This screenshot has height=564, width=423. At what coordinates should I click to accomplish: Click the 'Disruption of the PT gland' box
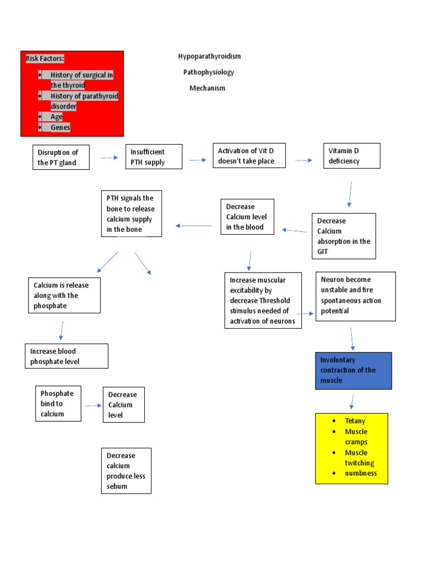(x=61, y=157)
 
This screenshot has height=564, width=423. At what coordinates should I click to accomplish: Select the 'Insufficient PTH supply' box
(x=154, y=157)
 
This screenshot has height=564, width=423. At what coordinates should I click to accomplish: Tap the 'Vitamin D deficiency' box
(x=351, y=156)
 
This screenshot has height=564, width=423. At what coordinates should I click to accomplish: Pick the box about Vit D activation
(x=249, y=156)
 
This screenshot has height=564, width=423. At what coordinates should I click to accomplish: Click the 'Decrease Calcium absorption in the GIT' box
(x=344, y=236)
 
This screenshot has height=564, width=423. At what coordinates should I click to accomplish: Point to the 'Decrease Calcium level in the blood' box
(x=247, y=216)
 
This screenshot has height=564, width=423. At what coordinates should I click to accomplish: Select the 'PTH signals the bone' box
(x=132, y=214)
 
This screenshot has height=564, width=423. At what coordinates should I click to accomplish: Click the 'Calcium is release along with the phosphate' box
(x=64, y=295)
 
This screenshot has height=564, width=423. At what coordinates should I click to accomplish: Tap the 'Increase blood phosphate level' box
(x=67, y=356)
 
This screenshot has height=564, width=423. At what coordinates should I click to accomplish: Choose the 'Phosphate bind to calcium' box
(x=58, y=404)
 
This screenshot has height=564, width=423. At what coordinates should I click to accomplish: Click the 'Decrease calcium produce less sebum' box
(x=127, y=471)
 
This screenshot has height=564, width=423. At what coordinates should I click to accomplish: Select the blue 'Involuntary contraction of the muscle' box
(x=353, y=371)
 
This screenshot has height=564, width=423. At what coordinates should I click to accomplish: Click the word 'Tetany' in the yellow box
(x=355, y=421)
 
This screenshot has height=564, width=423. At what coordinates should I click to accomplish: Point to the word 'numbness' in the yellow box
(x=360, y=473)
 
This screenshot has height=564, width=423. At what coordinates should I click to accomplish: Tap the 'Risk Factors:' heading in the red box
(x=45, y=58)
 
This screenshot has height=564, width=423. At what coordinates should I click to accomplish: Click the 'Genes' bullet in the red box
(x=61, y=127)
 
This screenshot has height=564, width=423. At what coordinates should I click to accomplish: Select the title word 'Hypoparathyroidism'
(x=209, y=57)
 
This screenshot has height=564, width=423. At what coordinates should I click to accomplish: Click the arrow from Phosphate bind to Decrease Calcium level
(x=92, y=405)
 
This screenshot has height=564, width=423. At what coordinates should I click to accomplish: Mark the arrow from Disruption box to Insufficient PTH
(x=109, y=158)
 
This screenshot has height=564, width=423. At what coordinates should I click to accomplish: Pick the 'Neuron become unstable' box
(x=355, y=296)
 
